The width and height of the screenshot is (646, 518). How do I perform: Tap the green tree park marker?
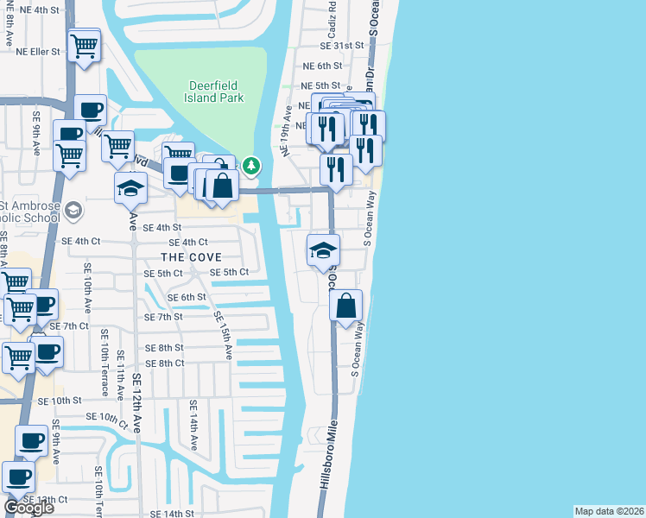click(251, 164)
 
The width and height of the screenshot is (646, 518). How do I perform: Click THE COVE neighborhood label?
click(191, 257)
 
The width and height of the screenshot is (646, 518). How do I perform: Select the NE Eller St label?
click(38, 52)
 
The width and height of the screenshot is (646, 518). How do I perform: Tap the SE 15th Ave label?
click(223, 336)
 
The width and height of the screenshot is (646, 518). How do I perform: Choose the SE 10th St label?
click(59, 401)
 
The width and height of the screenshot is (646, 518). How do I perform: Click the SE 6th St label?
click(187, 297)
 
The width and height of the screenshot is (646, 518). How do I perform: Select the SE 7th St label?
click(163, 317)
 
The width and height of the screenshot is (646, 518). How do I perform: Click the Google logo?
click(28, 507)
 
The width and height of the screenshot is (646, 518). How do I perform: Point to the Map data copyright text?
click(609, 511)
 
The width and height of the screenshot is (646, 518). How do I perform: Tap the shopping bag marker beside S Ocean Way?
click(345, 306)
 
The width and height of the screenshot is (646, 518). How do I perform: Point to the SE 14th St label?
click(167, 514)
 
